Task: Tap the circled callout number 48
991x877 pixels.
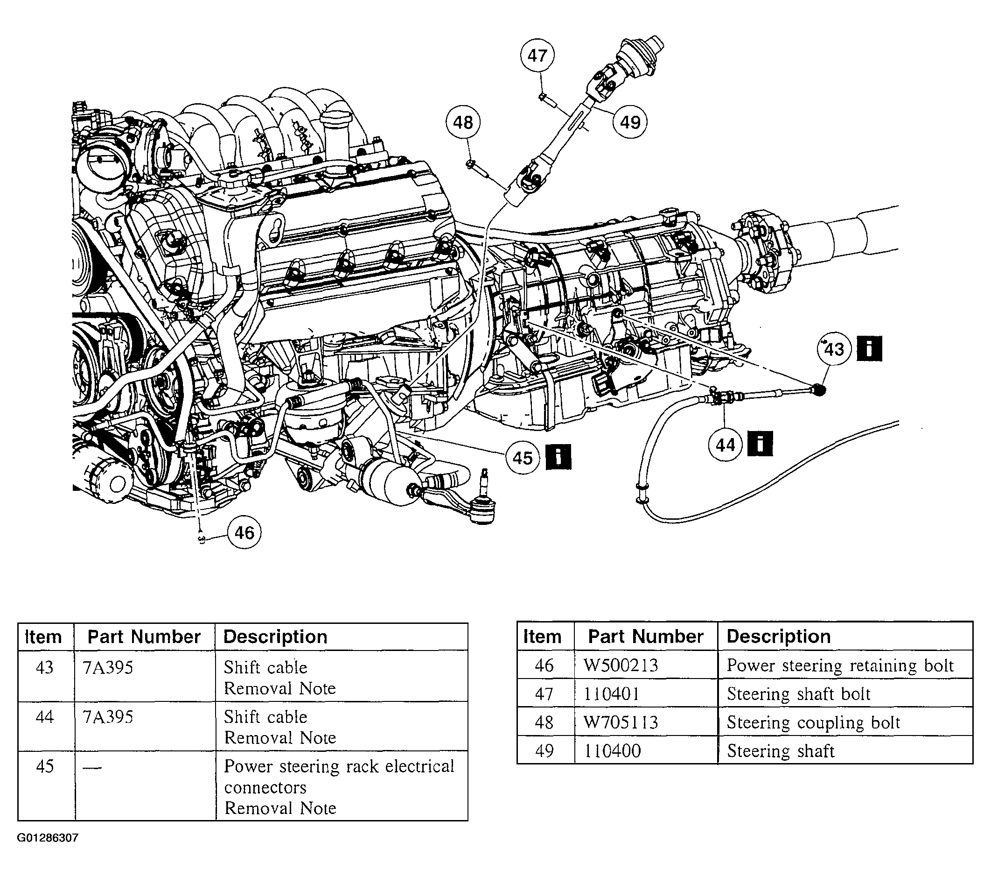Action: click(462, 122)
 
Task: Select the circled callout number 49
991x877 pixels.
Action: click(630, 122)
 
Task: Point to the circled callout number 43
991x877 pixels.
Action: click(834, 349)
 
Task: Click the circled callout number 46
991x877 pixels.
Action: click(244, 533)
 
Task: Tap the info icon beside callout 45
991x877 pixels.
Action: click(558, 457)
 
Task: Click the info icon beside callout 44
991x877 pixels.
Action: click(760, 444)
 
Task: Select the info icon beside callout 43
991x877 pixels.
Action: click(869, 348)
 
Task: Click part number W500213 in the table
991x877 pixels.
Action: click(621, 665)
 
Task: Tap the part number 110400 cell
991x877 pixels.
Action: click(612, 751)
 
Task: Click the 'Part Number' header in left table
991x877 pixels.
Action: click(144, 637)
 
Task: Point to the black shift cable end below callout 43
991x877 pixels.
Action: click(818, 389)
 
